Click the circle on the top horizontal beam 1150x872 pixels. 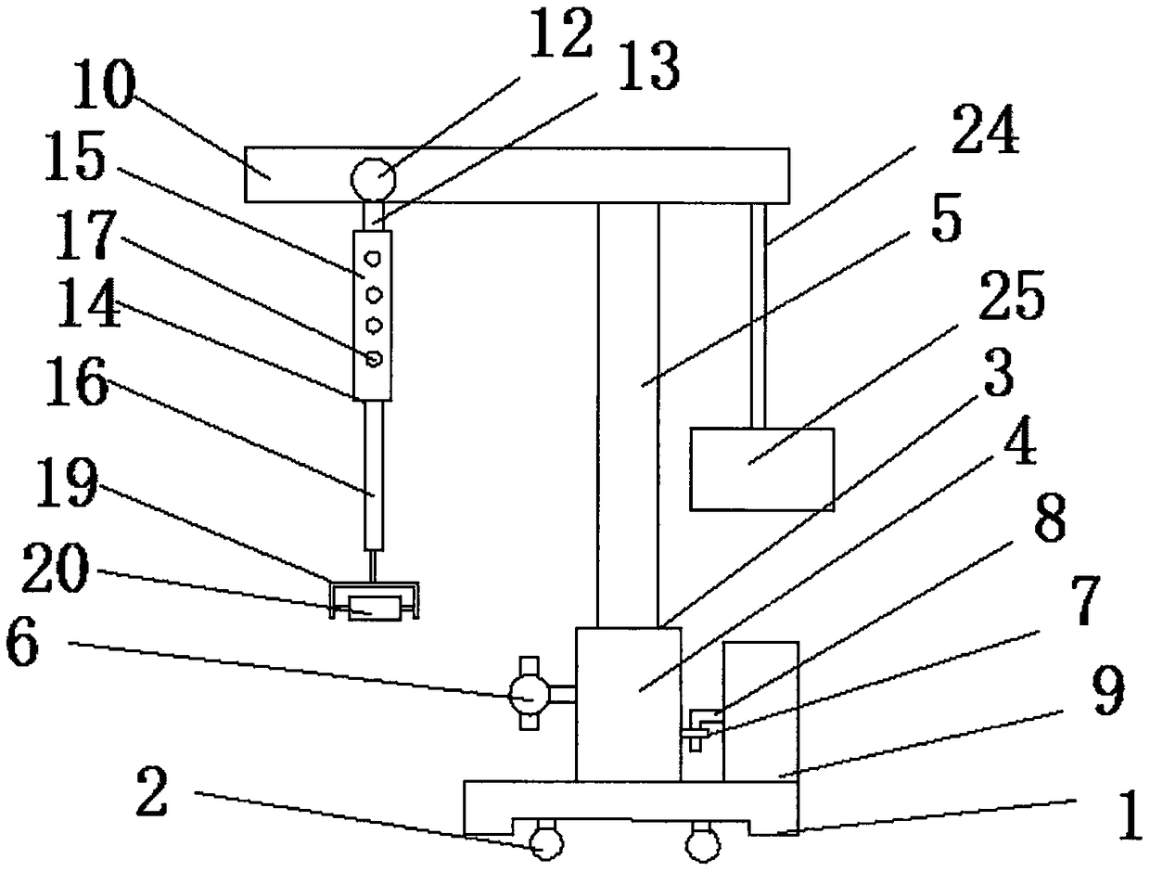(x=371, y=175)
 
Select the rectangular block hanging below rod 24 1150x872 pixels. (x=762, y=468)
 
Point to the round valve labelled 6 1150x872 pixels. (x=529, y=692)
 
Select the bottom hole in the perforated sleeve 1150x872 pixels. (x=374, y=358)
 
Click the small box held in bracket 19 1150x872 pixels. (x=374, y=609)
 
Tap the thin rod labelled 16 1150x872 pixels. (x=373, y=473)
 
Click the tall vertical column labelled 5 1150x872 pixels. (x=628, y=408)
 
